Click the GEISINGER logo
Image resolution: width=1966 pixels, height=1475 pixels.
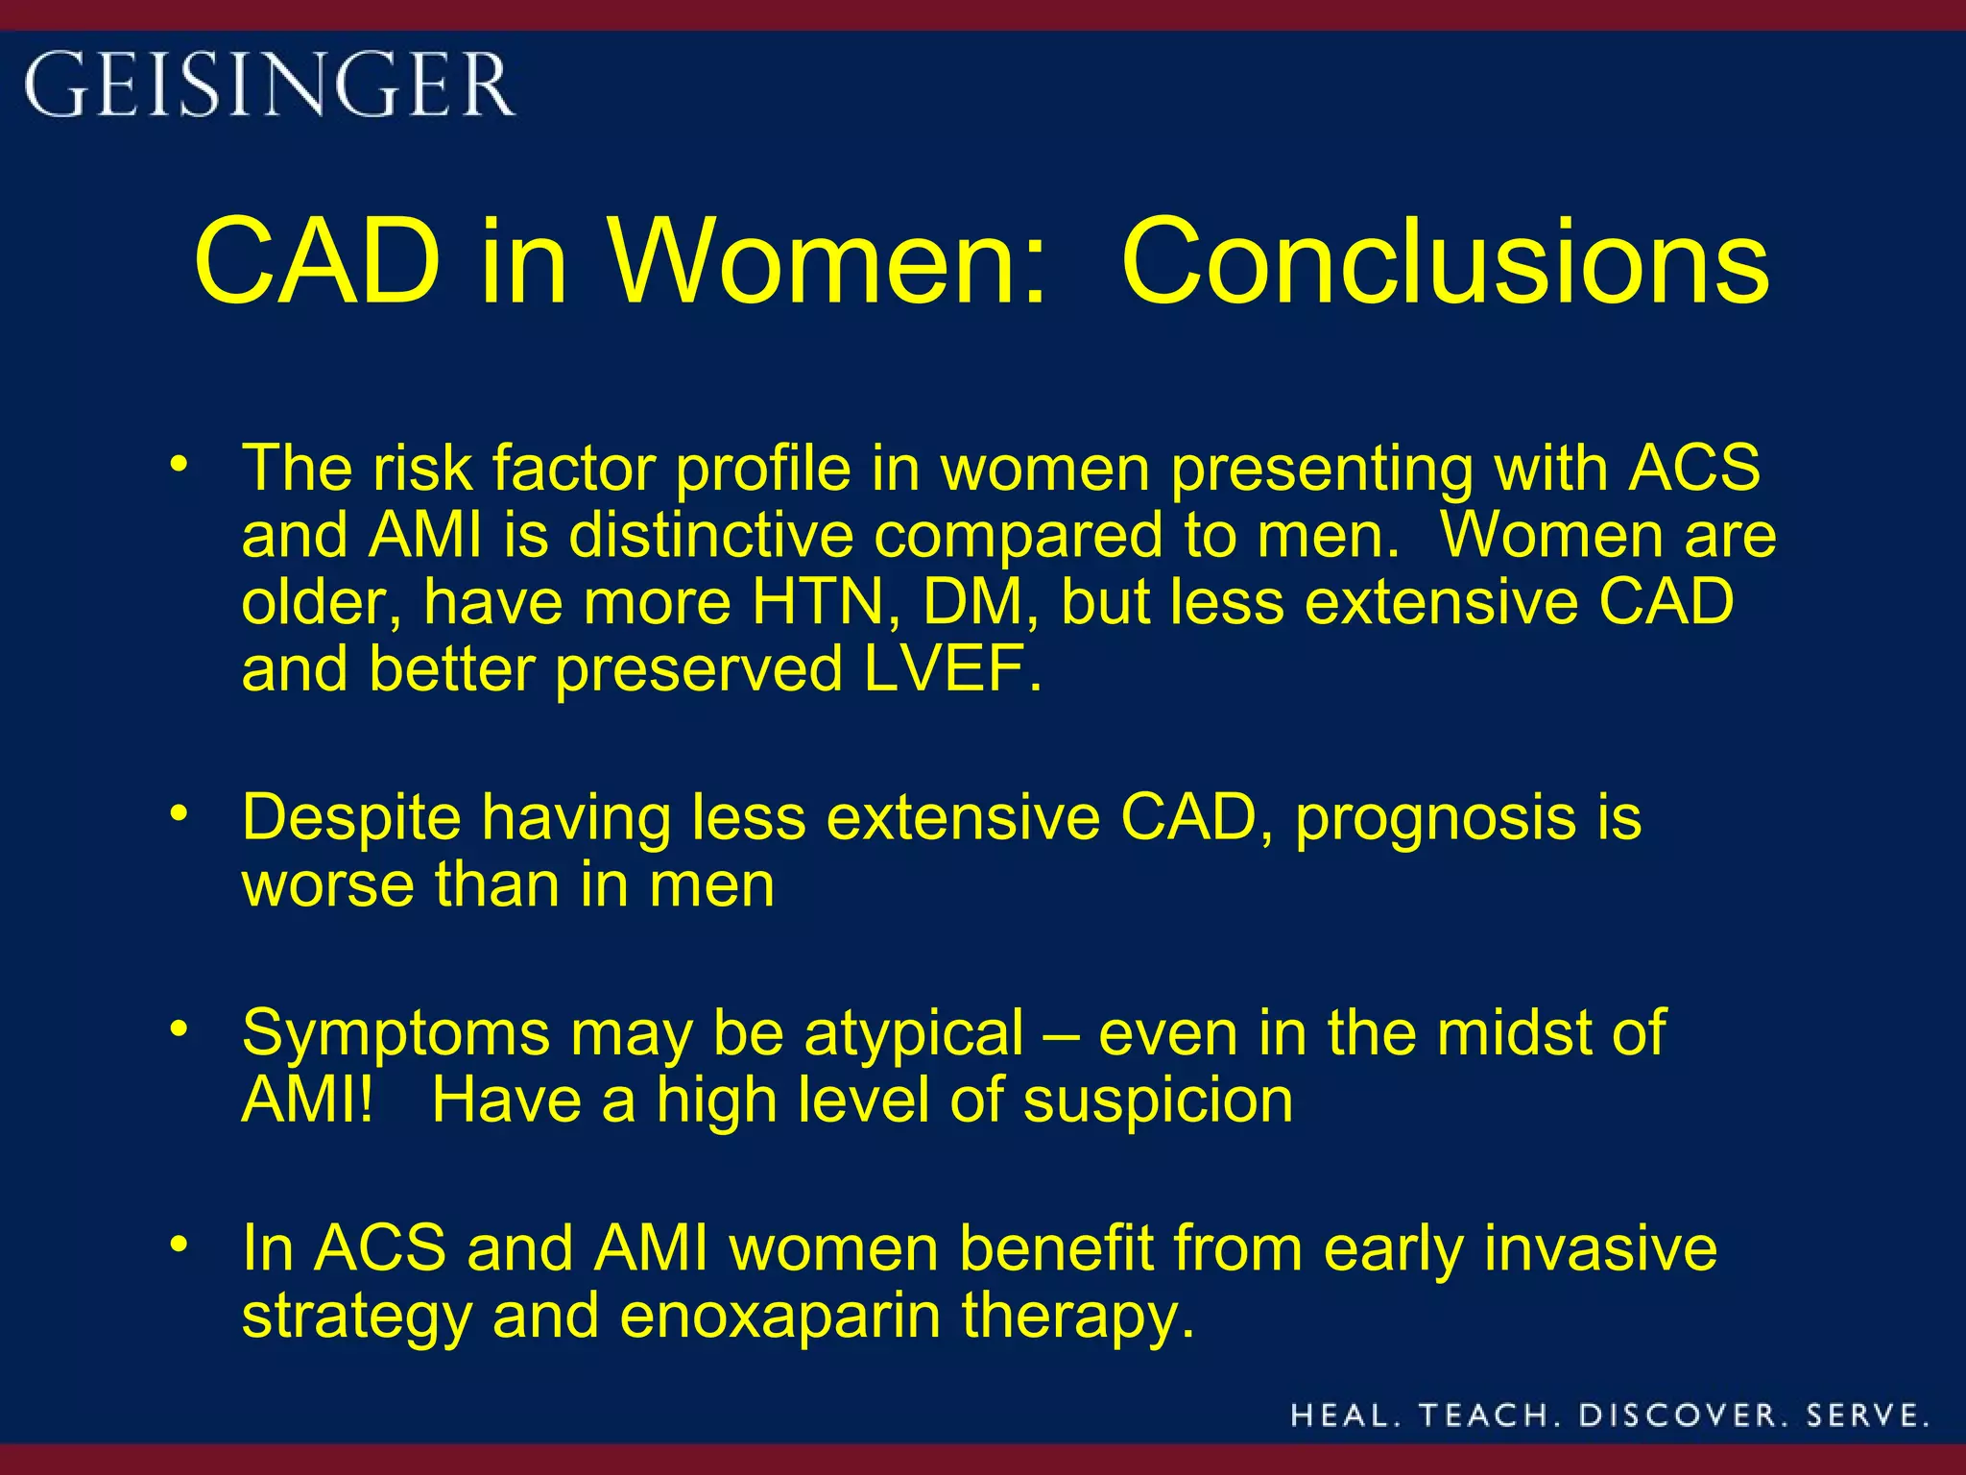269,85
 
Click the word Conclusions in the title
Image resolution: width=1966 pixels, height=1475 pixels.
1445,261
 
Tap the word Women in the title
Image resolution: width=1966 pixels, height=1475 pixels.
828,261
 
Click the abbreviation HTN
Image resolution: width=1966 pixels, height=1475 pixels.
818,602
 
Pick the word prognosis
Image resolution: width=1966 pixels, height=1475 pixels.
1434,818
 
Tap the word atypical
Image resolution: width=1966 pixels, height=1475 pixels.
914,1033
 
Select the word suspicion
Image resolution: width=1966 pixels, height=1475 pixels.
1158,1100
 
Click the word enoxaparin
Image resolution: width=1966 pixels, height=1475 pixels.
779,1315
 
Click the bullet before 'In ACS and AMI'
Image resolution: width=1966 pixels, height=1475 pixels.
178,1245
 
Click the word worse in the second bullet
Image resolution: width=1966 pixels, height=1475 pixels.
327,884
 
